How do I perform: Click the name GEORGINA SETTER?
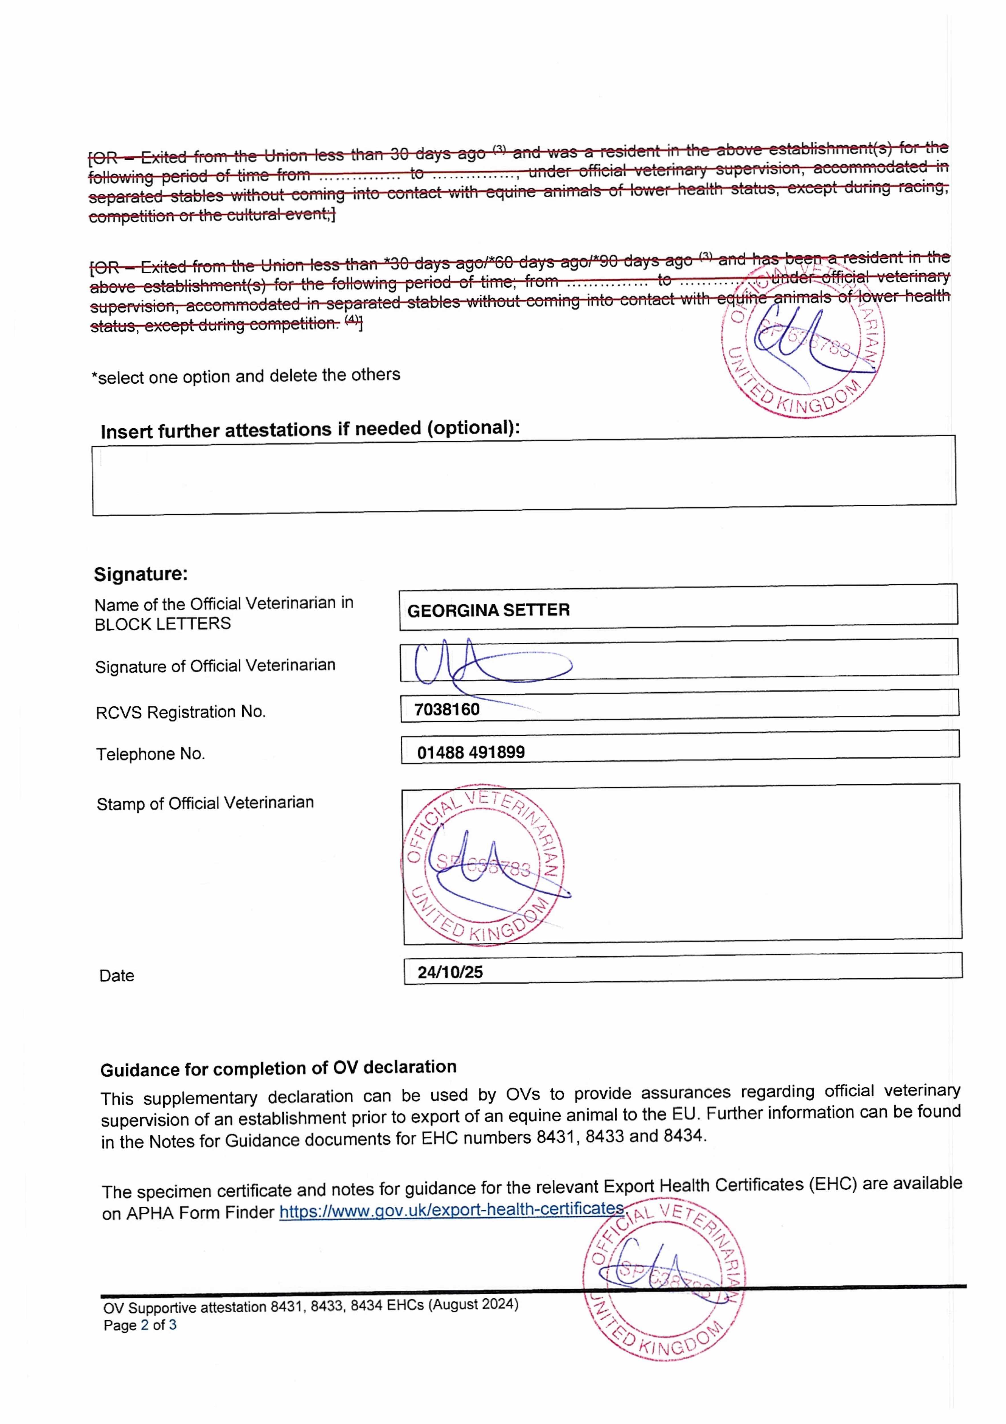click(488, 610)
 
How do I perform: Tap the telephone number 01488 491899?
click(471, 752)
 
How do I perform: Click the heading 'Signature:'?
click(140, 574)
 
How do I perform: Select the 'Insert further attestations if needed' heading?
click(310, 429)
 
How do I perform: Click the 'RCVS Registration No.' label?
click(181, 712)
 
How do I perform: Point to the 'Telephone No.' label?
click(150, 754)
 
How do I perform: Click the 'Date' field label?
click(116, 976)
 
